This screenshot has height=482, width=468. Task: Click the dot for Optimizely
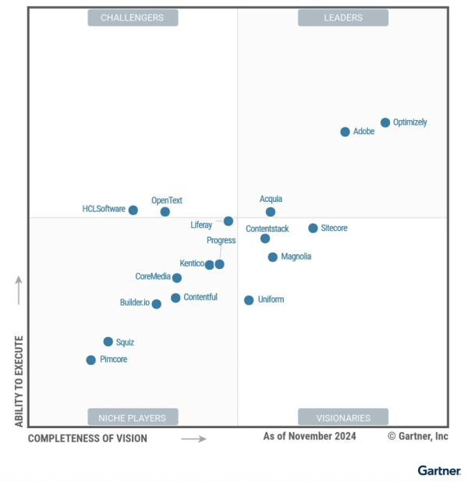(385, 122)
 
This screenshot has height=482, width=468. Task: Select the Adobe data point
(346, 132)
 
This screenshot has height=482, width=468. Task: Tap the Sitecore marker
(313, 229)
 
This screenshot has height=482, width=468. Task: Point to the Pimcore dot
(91, 360)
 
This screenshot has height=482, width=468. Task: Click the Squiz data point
(108, 342)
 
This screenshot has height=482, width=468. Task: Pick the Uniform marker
(249, 300)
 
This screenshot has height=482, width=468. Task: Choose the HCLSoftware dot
(133, 210)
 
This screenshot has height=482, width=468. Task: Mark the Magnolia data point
(272, 257)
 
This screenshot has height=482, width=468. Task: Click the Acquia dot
(271, 211)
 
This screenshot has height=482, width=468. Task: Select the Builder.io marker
(157, 304)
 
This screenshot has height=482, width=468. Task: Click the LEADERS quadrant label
(343, 18)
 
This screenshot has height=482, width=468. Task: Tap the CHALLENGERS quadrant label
(133, 18)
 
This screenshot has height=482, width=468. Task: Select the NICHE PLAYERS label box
(133, 417)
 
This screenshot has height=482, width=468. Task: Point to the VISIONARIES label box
(343, 417)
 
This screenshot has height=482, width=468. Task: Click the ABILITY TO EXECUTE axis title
(19, 381)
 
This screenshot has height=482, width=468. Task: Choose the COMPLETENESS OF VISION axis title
(87, 438)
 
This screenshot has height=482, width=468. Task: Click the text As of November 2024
(310, 436)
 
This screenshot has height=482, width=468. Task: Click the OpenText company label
(167, 200)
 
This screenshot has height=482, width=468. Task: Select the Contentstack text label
(268, 229)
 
